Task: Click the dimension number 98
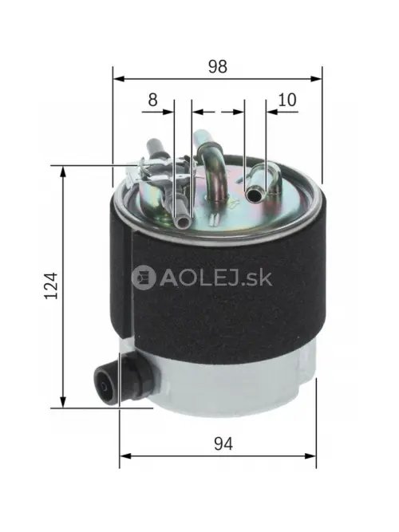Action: pyautogui.click(x=218, y=67)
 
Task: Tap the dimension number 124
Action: pyautogui.click(x=52, y=286)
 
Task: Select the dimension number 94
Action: pyautogui.click(x=223, y=443)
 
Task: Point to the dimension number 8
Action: pyautogui.click(x=152, y=100)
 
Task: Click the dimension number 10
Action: pyautogui.click(x=287, y=100)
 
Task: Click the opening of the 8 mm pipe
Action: pyautogui.click(x=183, y=223)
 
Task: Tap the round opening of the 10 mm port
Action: pyautogui.click(x=253, y=195)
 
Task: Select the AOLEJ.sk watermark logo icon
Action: pyautogui.click(x=144, y=278)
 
